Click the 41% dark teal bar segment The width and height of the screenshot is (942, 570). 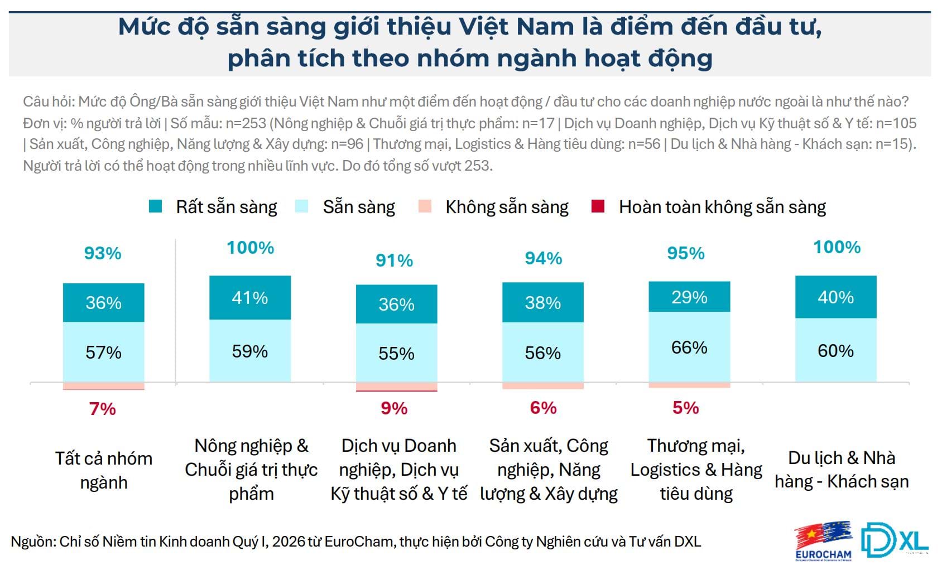click(x=250, y=298)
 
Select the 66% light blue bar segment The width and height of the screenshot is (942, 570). click(x=689, y=347)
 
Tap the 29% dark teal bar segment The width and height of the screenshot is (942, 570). click(x=689, y=297)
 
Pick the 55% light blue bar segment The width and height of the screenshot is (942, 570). click(x=396, y=353)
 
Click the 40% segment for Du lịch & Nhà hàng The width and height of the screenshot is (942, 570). click(x=835, y=297)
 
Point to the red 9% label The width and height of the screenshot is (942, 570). click(x=394, y=408)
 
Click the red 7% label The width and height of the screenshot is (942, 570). click(x=103, y=409)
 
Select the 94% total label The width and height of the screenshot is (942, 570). click(x=543, y=258)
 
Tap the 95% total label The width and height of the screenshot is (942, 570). click(x=686, y=253)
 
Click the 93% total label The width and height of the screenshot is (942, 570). click(x=103, y=253)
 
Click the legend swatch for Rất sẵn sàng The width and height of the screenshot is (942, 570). click(x=156, y=206)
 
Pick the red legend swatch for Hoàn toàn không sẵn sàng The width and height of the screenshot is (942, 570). click(x=598, y=206)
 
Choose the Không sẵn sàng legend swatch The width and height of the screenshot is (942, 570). click(x=425, y=206)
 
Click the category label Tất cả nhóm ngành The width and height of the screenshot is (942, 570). click(x=104, y=470)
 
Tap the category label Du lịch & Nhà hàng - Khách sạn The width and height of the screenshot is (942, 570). click(x=842, y=470)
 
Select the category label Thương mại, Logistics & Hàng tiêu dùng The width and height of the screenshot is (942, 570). click(x=696, y=470)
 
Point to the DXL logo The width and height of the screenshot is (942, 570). click(x=894, y=540)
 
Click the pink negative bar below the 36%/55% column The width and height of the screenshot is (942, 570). click(x=396, y=387)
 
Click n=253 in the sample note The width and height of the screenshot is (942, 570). click(x=246, y=123)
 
